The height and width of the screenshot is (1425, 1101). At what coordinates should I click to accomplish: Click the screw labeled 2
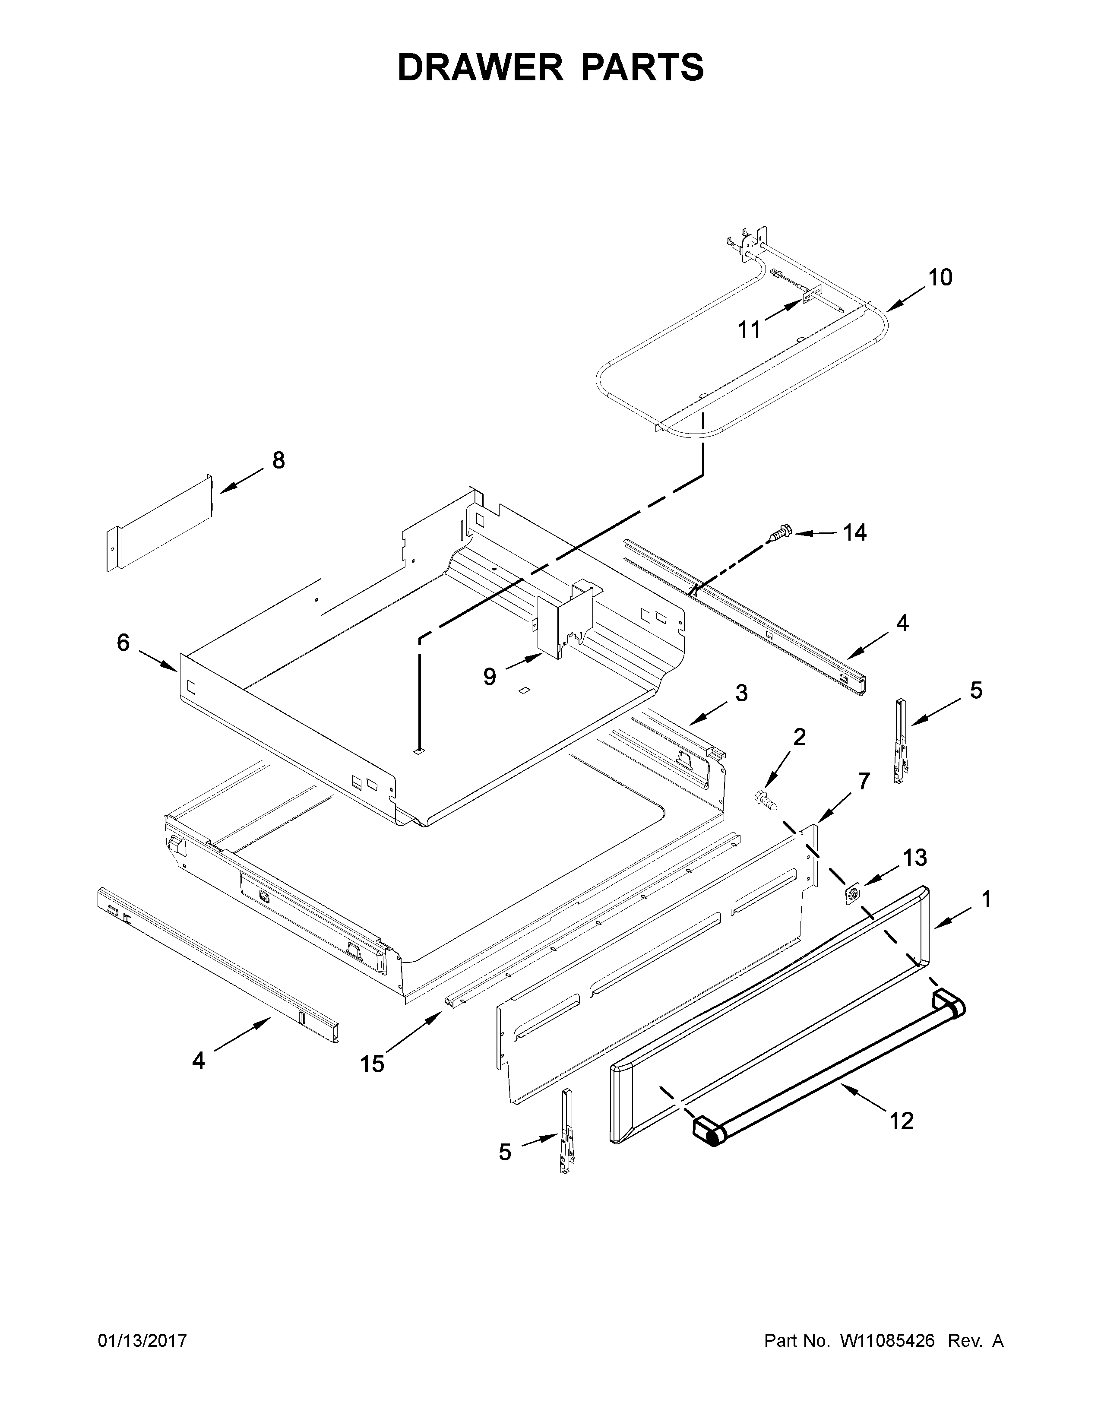tap(765, 799)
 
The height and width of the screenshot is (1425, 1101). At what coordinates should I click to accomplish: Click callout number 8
tap(278, 461)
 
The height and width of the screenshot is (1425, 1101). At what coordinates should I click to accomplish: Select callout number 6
tap(123, 643)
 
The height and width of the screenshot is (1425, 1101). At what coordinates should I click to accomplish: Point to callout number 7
tap(864, 781)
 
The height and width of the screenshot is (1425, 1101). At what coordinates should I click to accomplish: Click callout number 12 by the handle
tap(902, 1121)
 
